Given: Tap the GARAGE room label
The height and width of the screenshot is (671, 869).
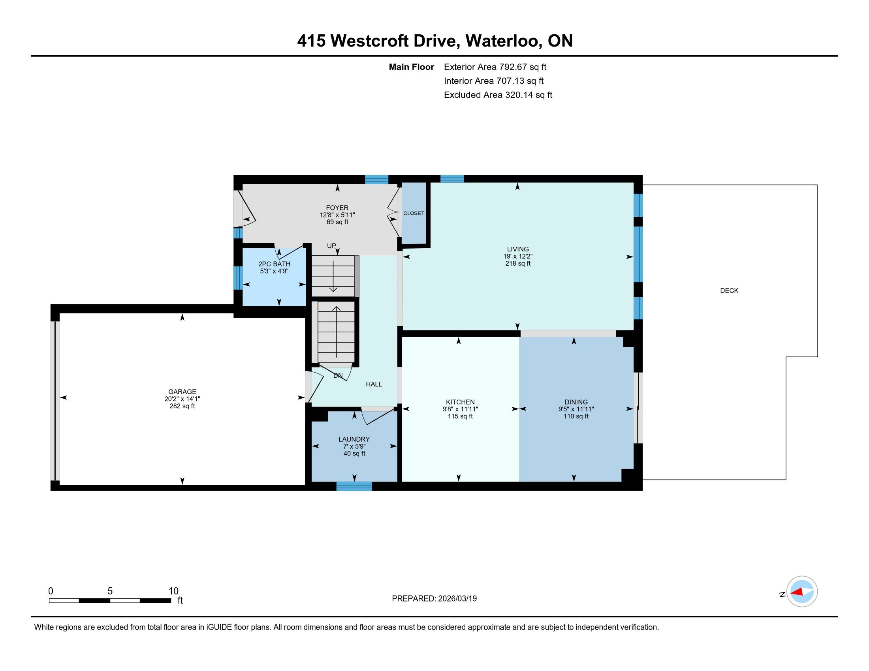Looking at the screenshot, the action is pyautogui.click(x=182, y=392).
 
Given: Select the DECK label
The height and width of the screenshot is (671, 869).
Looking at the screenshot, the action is pyautogui.click(x=729, y=291).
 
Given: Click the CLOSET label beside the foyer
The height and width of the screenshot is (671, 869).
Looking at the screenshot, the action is pyautogui.click(x=414, y=213).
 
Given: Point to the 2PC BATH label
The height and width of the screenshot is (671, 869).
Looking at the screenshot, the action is pyautogui.click(x=274, y=264).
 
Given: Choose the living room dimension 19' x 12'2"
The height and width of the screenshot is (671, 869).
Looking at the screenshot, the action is pyautogui.click(x=518, y=257).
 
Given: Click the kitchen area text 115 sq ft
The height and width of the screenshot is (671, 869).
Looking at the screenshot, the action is pyautogui.click(x=460, y=416).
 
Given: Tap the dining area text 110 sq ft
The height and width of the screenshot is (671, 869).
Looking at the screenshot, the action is pyautogui.click(x=576, y=416).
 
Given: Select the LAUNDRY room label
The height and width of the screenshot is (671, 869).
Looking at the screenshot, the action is pyautogui.click(x=354, y=439).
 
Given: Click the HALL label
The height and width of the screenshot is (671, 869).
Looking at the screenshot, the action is pyautogui.click(x=374, y=384).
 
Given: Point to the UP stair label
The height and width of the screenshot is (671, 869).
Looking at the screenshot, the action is pyautogui.click(x=331, y=246).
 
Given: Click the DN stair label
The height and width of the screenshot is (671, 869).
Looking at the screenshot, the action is pyautogui.click(x=338, y=375).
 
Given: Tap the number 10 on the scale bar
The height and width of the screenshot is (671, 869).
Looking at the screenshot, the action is pyautogui.click(x=173, y=591).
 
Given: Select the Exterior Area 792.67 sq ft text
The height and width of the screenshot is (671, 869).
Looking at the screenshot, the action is pyautogui.click(x=495, y=67).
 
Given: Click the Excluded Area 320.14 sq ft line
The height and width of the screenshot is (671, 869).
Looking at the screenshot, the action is pyautogui.click(x=498, y=95).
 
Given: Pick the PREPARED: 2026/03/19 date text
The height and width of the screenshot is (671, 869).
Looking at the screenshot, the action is pyautogui.click(x=434, y=599).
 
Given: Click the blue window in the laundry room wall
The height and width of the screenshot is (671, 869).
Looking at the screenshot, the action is pyautogui.click(x=354, y=486).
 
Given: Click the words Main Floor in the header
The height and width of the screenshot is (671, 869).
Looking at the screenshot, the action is pyautogui.click(x=412, y=67).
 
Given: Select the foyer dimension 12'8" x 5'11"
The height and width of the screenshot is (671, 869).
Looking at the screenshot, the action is pyautogui.click(x=337, y=215).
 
